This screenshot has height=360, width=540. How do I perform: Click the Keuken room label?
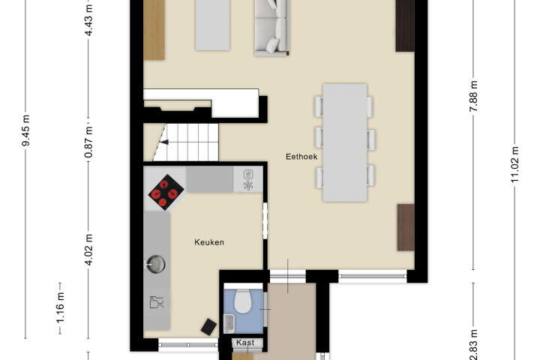pos(209,242)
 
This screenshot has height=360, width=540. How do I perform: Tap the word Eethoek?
pos(301,157)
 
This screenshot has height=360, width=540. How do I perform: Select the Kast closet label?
pos(245,343)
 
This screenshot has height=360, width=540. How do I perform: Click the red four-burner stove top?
pos(166,192)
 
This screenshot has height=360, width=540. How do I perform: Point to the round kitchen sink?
pos(156,264)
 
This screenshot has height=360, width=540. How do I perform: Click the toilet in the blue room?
pos(242,301)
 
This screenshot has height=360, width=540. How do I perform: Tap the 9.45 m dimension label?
pos(25,130)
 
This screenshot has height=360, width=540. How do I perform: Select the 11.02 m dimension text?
pos(514,165)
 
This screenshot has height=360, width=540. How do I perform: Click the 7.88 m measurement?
pos(473,96)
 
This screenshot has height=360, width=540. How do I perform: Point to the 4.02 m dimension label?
pos(88,250)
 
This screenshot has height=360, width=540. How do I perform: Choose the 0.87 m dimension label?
pos(88,142)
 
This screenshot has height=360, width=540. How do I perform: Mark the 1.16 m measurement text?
pos(60,307)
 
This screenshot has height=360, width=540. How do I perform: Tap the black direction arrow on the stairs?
pos(164,142)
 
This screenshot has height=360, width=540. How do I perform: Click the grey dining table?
pos(345,142)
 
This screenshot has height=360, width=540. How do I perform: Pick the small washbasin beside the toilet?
pos(229,323)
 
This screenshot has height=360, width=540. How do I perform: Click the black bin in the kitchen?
pos(208,326)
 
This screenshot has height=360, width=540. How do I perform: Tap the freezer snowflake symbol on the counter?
pos(247,185)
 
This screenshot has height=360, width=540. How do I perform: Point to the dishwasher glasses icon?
pos(157,302)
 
